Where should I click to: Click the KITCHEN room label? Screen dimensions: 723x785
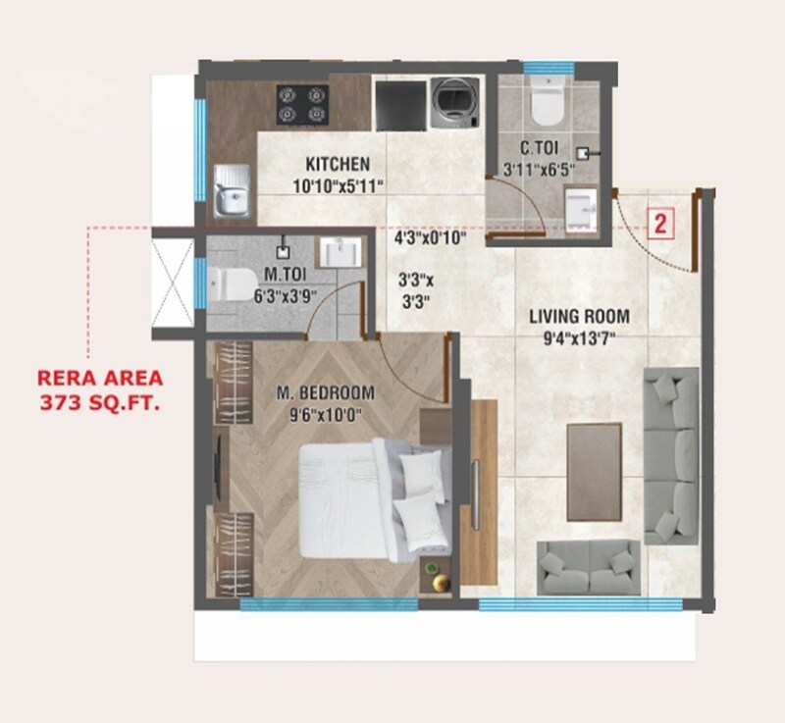point(337,164)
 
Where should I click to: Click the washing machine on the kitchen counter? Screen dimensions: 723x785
point(453,101)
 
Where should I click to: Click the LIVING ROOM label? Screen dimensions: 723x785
point(579,317)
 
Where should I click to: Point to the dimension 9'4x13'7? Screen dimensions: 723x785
point(579,341)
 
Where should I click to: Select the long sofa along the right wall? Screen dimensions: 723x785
point(670,455)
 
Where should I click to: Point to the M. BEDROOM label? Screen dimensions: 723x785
point(325,393)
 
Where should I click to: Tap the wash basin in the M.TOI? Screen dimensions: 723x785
point(343,253)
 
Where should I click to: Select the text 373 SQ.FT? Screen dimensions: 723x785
point(100,401)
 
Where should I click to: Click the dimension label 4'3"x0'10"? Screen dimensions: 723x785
point(429,237)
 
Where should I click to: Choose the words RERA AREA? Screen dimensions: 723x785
point(100,377)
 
